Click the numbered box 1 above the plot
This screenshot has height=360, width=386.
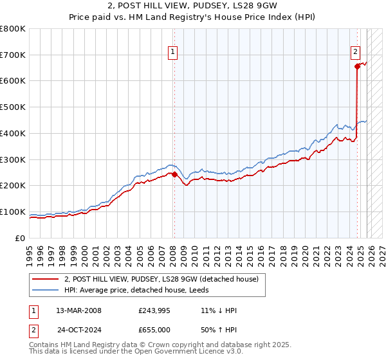(173, 53)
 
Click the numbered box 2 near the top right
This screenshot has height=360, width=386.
(355, 53)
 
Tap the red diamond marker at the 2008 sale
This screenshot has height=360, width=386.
(174, 174)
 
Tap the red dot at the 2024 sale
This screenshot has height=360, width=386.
(357, 66)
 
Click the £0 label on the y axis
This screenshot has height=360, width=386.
(21, 239)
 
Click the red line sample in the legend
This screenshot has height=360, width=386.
(46, 279)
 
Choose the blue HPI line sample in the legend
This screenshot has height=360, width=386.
(46, 290)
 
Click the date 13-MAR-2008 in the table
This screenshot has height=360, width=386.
(78, 310)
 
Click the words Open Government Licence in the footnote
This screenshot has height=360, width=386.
(178, 352)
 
